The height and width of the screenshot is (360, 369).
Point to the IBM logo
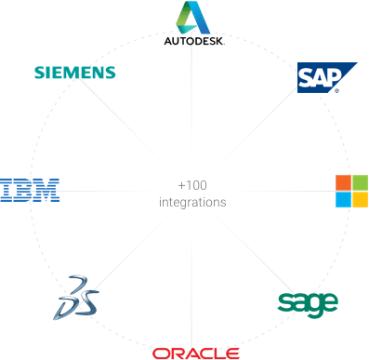30,191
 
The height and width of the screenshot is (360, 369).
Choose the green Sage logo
308,302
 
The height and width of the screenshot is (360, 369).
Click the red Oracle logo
196,353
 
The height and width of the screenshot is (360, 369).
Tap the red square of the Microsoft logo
344,180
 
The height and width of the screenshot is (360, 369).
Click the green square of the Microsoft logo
360,180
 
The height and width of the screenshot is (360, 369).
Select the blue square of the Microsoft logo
344,198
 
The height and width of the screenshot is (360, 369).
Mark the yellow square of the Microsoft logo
360,198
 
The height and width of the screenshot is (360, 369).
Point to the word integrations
191,200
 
